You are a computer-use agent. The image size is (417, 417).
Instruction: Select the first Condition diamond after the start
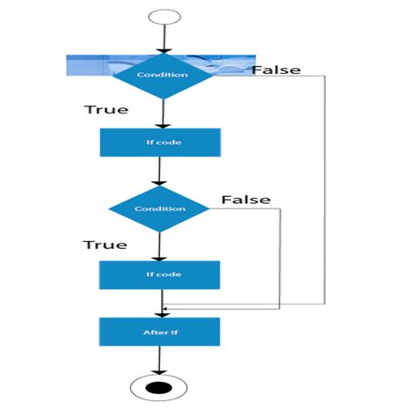tap(163, 75)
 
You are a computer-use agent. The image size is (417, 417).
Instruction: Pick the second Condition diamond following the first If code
tap(159, 209)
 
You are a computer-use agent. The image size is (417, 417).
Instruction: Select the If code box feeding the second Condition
tap(159, 143)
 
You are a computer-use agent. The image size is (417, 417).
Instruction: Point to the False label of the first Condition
tap(276, 69)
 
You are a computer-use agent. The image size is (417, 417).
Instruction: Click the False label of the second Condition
tap(245, 200)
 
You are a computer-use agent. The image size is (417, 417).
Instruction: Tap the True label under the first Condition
tap(106, 110)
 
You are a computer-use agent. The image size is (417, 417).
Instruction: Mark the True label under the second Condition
tap(105, 244)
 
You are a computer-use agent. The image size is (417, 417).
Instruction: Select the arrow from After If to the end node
tap(159, 359)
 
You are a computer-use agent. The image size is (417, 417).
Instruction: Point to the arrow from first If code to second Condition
tap(159, 171)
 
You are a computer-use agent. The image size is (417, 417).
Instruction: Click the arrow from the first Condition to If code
tap(160, 113)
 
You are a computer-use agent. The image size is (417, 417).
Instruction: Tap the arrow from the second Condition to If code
tap(159, 246)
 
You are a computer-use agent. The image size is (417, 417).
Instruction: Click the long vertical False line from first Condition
tap(326, 189)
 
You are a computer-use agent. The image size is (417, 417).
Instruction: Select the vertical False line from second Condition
tap(282, 255)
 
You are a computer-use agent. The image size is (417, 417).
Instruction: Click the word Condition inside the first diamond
tap(163, 75)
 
